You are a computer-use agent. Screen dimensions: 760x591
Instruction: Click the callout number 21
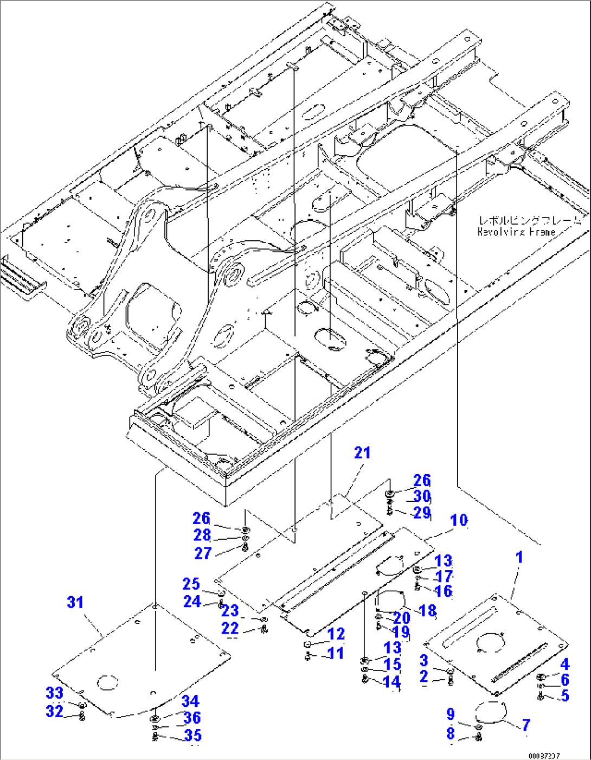point(362,453)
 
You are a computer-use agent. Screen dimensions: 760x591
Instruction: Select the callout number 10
point(459,520)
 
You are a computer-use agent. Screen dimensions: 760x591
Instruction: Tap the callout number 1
point(519,557)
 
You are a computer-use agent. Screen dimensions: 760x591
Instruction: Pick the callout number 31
point(75,602)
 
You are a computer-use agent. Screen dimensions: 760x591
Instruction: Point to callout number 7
point(525,725)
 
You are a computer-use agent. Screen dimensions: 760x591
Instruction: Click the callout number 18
point(428,610)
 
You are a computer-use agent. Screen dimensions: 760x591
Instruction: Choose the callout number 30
point(422,496)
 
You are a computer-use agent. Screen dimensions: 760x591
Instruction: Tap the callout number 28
point(202,535)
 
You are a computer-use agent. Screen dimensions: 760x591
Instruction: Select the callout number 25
point(191,584)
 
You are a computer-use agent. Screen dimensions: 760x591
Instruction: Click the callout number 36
point(192,718)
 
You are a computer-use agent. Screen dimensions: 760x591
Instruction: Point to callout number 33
point(54,693)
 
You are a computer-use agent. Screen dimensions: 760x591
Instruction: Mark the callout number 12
point(336,634)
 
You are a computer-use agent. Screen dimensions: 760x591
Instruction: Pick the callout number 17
point(444,576)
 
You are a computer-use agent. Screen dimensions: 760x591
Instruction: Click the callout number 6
point(565,680)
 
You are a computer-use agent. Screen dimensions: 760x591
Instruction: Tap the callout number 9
point(451,714)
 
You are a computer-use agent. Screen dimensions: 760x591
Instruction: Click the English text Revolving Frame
point(516,232)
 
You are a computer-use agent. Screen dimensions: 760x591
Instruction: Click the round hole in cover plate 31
point(107,682)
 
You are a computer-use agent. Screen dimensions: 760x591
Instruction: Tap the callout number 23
point(230,611)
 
